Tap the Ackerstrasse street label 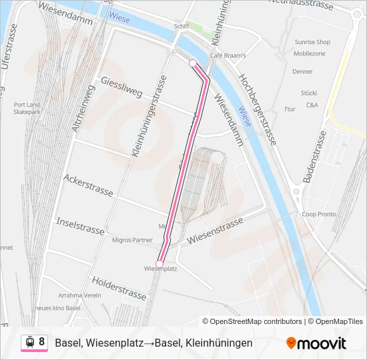click(x=88, y=185)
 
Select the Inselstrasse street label click(x=80, y=225)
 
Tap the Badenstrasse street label click(x=314, y=157)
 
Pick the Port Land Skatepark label click(x=27, y=108)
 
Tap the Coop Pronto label click(x=318, y=214)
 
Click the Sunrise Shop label click(x=312, y=42)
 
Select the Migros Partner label click(x=133, y=240)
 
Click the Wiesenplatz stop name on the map click(x=159, y=269)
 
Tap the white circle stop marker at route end click(x=193, y=63)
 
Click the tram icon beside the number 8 click(x=29, y=342)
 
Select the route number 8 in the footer click(x=41, y=342)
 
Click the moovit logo click(x=316, y=343)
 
